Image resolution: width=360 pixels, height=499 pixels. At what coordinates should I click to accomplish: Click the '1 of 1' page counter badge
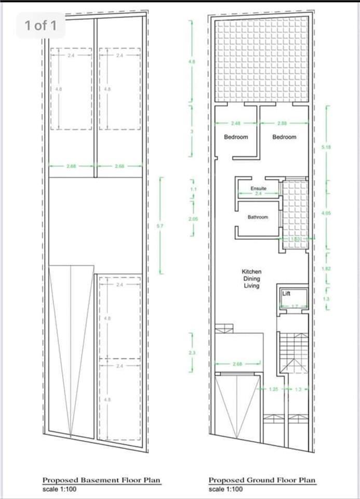point(41,25)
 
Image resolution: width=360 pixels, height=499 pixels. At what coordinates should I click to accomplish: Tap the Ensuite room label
point(258,188)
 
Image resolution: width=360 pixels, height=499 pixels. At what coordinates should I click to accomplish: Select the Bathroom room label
point(258,217)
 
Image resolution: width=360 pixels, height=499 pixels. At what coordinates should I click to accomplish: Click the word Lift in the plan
point(286,294)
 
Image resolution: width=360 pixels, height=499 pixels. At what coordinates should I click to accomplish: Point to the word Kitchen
point(251,271)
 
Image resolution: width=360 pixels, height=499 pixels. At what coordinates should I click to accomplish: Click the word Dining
point(251,279)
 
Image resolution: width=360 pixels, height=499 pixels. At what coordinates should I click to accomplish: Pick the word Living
point(251,286)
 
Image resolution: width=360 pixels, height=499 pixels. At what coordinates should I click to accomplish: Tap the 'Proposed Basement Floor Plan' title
point(101,480)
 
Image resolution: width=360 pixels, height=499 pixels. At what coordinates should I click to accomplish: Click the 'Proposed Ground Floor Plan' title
point(262,480)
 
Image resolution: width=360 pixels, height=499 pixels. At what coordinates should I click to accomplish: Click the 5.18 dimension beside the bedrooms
point(326,148)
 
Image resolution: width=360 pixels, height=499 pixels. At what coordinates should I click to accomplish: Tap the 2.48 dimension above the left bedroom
point(236,123)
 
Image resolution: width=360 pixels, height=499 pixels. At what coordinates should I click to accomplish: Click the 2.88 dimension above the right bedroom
point(282,123)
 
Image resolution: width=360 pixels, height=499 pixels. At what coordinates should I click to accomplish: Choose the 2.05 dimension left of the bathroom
point(193,219)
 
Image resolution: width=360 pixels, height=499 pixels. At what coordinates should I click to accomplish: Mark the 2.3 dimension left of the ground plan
point(192,352)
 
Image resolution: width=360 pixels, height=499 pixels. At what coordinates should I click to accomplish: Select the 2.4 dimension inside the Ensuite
point(258,193)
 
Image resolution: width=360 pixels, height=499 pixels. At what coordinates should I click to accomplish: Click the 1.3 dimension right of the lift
point(326,298)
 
